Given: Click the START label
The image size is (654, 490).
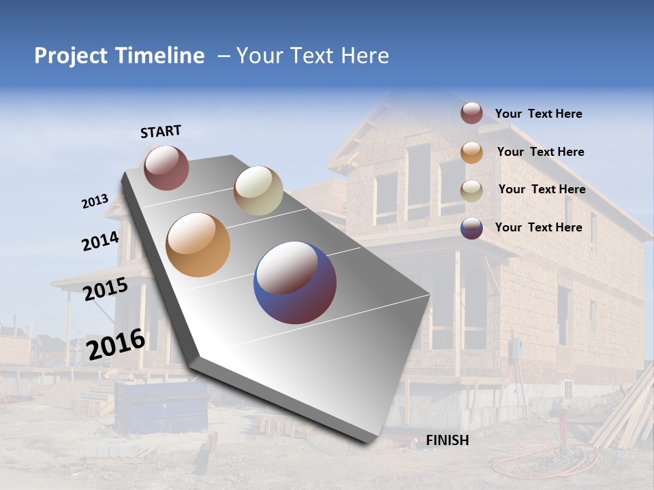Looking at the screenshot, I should [x=161, y=131].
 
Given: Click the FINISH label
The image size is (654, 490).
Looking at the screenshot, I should [x=447, y=440].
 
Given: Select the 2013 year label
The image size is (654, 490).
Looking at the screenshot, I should [x=95, y=201].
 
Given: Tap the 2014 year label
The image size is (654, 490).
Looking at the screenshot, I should [x=100, y=241].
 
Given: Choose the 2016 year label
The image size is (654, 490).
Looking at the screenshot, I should [x=116, y=344].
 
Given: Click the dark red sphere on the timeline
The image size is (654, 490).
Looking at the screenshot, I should [x=166, y=167].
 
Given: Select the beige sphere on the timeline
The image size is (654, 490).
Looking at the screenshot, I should [x=258, y=191].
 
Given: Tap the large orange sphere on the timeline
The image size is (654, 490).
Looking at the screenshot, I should [x=198, y=245].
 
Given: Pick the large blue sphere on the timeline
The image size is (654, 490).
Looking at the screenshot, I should [x=295, y=282].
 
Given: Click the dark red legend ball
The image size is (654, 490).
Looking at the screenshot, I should [x=471, y=114].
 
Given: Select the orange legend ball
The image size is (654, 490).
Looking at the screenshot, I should [x=471, y=152].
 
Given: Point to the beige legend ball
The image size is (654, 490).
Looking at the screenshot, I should [x=471, y=191].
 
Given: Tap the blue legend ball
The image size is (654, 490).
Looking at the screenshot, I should [x=471, y=228].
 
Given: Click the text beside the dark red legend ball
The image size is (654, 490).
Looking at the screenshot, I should [x=538, y=114].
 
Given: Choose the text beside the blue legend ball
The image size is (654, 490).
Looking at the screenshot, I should [x=538, y=227].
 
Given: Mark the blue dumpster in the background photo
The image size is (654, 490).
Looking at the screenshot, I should [x=161, y=406].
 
